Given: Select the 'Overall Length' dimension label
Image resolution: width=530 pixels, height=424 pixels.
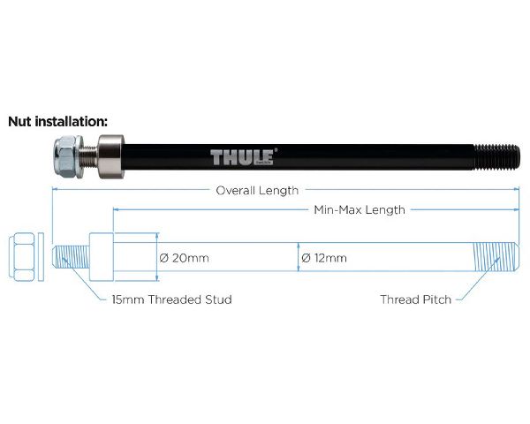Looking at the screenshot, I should (258, 190).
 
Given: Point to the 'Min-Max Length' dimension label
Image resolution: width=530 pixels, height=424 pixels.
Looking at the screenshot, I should (360, 210).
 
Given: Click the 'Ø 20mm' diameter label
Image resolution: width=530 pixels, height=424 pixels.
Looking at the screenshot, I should (184, 258).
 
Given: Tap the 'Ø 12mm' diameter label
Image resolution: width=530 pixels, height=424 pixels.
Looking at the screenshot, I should (323, 258).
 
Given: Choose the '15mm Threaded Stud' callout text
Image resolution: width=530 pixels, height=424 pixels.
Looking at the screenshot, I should (172, 299).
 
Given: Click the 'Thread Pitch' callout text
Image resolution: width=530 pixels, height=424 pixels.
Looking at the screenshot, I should (415, 299).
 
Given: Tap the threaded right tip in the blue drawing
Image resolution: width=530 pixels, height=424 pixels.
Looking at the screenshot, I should (496, 257).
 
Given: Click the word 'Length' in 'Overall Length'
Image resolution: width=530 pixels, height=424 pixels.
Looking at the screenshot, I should (279, 190).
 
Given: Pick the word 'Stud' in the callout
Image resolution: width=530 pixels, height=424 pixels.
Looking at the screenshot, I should (217, 299).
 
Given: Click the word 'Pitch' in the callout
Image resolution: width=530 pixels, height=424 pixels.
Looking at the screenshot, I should (435, 299).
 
